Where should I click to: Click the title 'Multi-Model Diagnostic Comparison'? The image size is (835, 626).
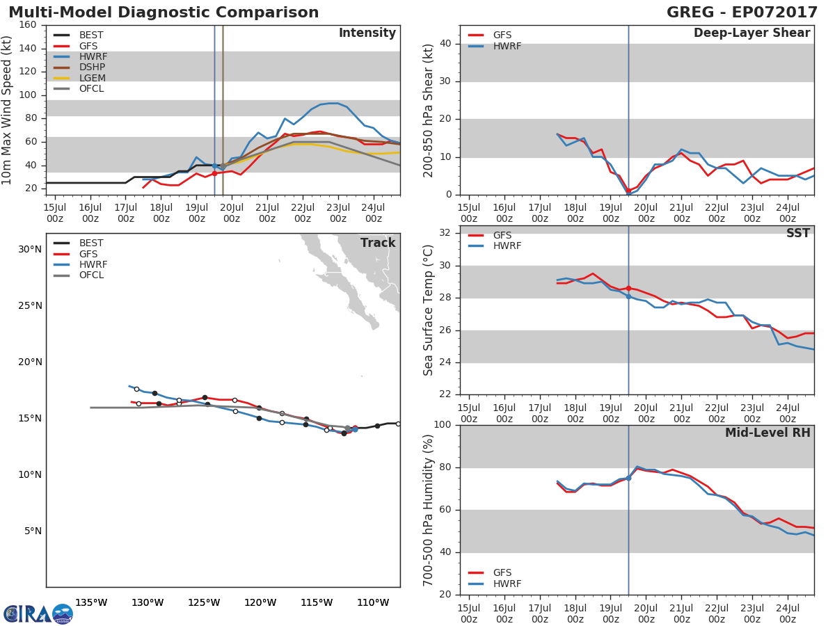click(164, 13)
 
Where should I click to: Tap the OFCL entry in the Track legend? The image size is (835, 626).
click(91, 275)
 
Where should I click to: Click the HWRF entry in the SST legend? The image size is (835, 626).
click(507, 246)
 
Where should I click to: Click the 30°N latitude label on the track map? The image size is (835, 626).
click(29, 249)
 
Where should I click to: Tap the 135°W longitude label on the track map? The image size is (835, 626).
click(91, 602)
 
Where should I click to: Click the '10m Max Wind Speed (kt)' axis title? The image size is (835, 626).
click(8, 110)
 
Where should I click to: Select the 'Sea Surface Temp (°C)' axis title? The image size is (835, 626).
click(429, 310)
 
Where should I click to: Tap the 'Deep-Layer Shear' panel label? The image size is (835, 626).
click(751, 33)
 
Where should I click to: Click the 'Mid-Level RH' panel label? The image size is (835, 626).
click(768, 433)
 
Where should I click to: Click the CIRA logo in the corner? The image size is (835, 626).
click(38, 613)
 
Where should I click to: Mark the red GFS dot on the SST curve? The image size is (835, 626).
click(628, 288)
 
